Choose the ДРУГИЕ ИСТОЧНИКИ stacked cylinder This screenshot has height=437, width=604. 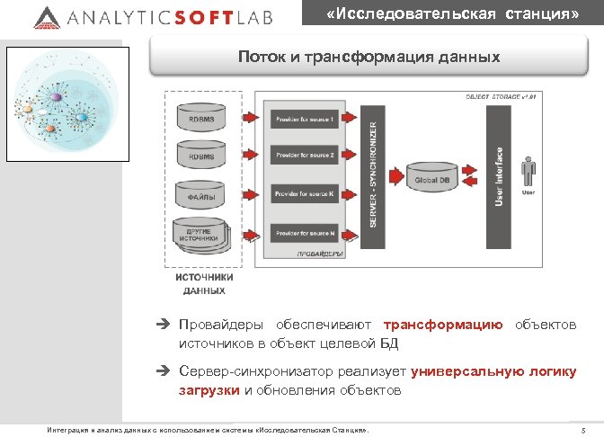tap(200, 236)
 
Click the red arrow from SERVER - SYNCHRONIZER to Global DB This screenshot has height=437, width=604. tap(395, 175)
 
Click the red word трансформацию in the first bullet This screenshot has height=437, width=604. tap(443, 325)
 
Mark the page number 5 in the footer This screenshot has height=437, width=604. tap(583, 430)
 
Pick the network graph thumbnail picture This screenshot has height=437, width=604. tap(61, 101)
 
